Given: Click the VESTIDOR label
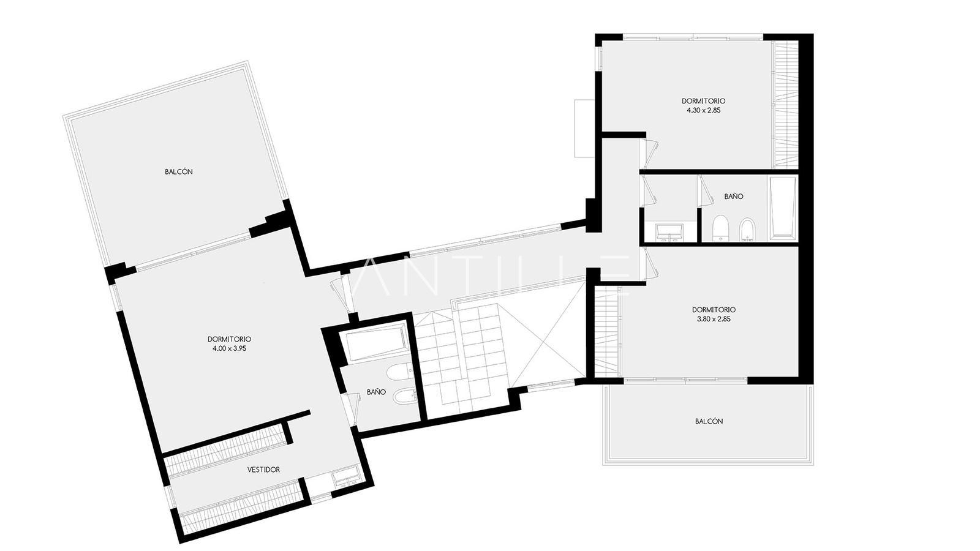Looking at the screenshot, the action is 263,470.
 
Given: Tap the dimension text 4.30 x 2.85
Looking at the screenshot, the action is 704,110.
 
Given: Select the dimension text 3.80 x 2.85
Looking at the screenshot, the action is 714,319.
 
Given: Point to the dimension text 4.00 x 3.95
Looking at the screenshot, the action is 229,348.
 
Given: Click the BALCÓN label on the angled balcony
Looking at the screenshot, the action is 178,171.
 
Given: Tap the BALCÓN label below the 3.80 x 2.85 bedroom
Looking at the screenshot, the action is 709,421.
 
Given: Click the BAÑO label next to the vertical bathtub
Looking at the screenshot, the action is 733,197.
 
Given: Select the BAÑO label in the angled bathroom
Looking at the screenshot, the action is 376,392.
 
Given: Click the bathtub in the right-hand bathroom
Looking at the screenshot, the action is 783,208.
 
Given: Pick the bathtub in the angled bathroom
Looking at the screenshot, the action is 376,342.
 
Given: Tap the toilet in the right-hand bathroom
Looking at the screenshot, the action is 719,229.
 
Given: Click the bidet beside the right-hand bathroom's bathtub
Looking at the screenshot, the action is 747,230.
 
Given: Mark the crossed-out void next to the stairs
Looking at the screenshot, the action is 548,334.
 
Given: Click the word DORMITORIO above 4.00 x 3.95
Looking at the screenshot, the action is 229,339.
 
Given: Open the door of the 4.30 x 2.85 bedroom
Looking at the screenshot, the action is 650,154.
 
